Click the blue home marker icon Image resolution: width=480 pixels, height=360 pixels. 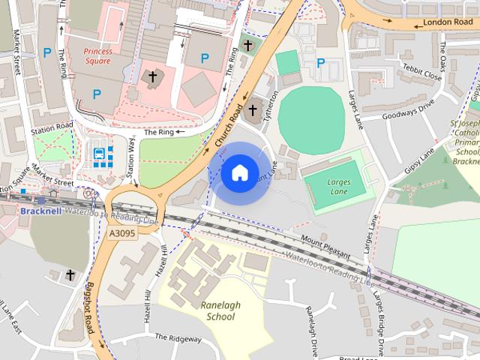[239, 172]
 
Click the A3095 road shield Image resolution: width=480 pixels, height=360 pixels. [121, 234]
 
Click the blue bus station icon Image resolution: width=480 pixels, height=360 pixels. [100, 155]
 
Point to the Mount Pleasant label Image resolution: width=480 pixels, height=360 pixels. [325, 247]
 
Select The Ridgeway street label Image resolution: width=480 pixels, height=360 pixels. [178, 338]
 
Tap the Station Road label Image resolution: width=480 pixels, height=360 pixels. [52, 127]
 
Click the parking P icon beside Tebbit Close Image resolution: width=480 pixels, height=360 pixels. [320, 64]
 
